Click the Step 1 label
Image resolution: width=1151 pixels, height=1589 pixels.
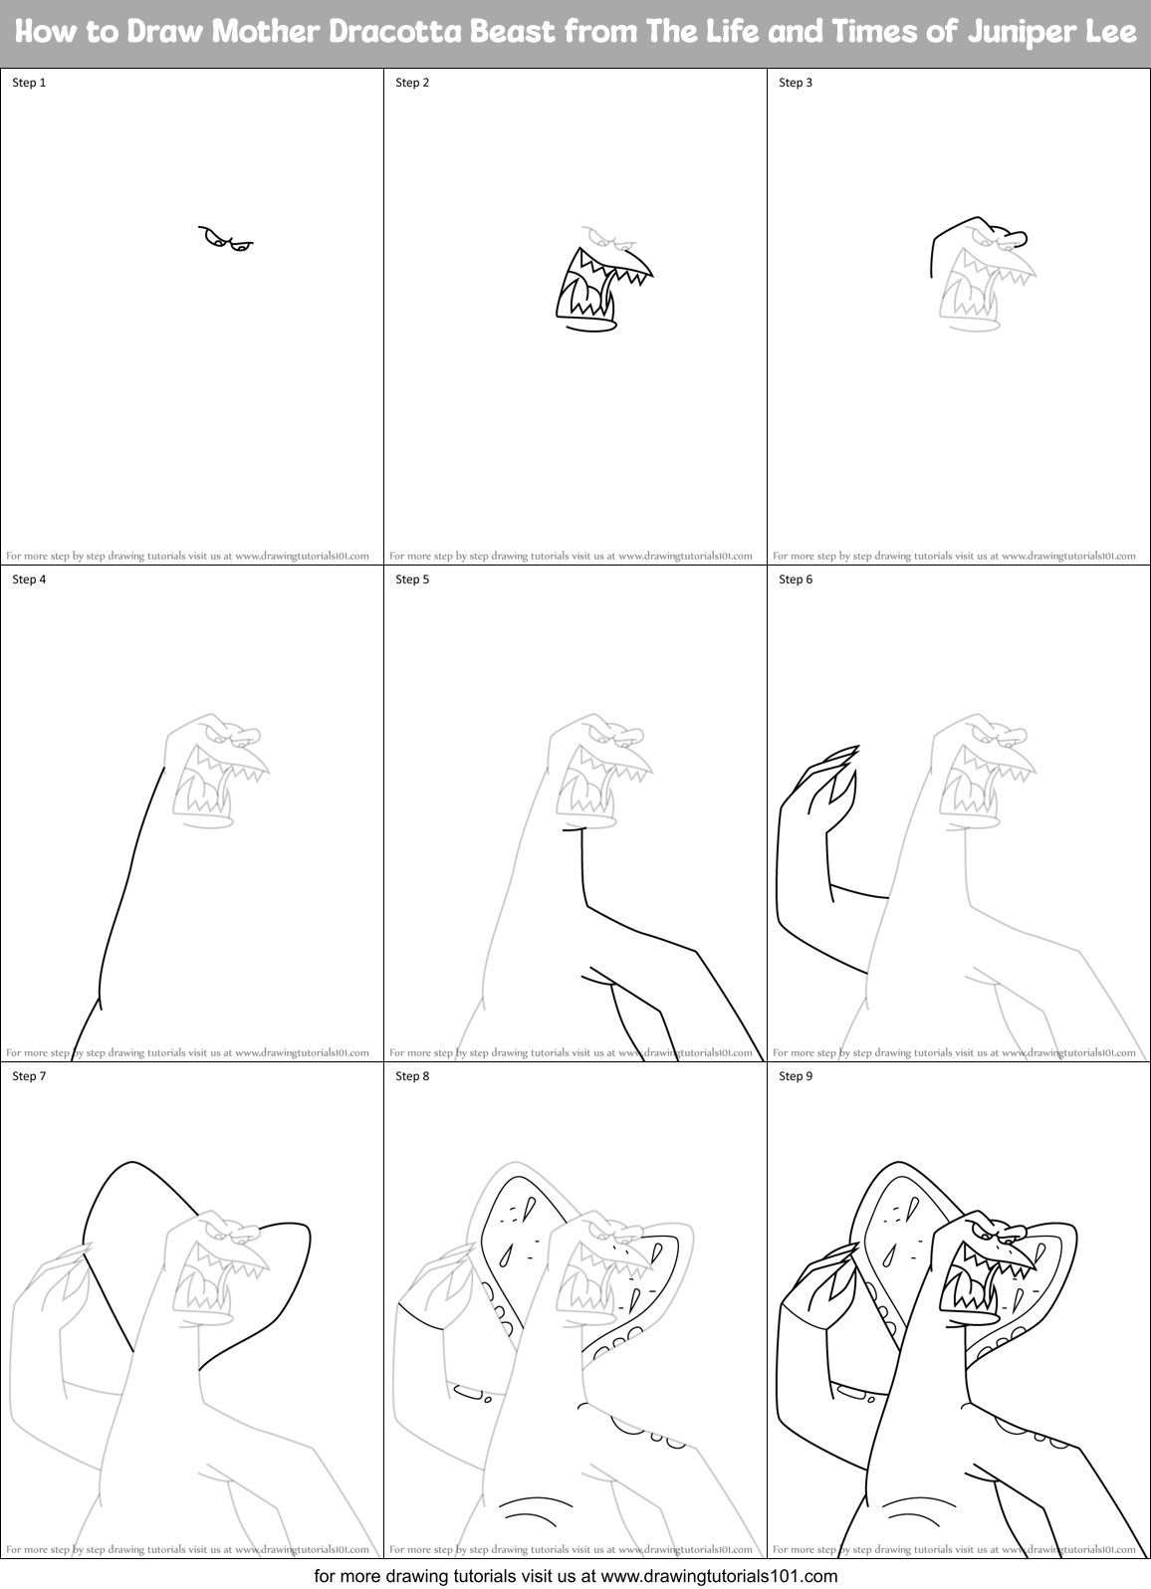29,83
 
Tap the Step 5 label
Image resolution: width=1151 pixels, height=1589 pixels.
412,579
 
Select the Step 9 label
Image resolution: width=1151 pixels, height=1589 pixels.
796,1076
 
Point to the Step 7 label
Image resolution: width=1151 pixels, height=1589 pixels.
29,1076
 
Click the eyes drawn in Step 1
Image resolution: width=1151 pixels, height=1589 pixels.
226,239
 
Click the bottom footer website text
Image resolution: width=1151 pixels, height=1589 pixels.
575,1576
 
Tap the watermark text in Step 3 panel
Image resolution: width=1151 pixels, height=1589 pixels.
954,556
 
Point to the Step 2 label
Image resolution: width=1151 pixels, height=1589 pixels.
412,83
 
